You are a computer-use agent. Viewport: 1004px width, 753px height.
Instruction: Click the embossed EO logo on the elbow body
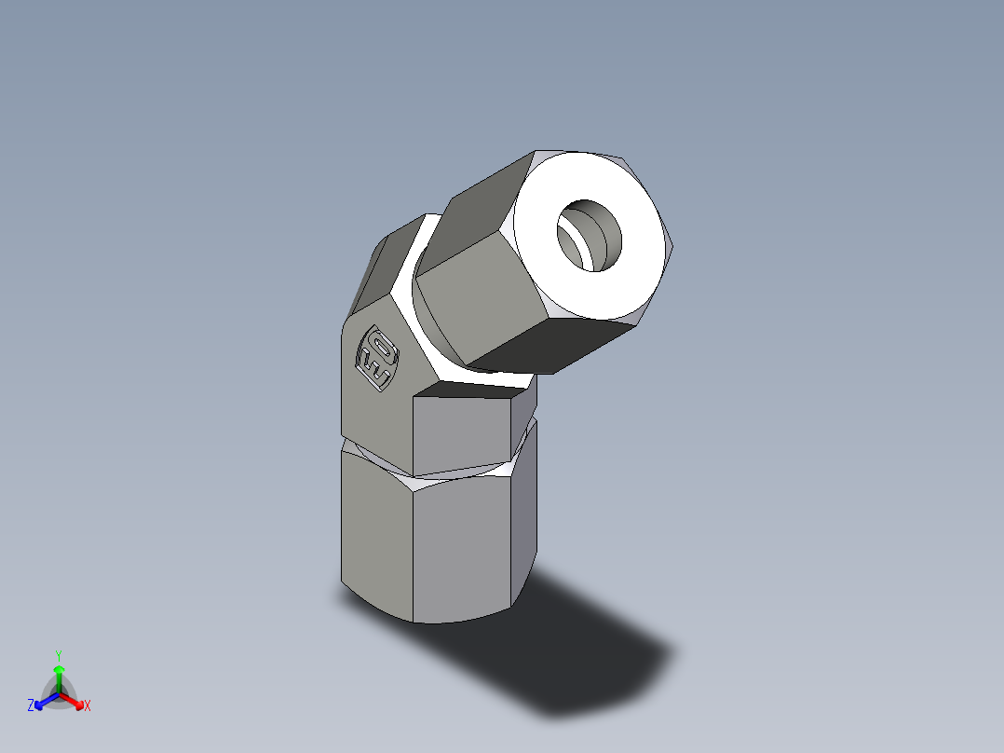coord(378,359)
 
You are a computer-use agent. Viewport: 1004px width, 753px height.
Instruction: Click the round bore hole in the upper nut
coord(592,235)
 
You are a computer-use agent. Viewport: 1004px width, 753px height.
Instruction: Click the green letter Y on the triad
coord(59,655)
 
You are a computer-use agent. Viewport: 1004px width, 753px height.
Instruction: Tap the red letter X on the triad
coord(88,706)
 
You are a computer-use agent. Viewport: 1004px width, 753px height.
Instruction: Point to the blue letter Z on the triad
coord(31,706)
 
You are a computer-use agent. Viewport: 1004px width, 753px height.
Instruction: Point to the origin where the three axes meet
coord(59,694)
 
